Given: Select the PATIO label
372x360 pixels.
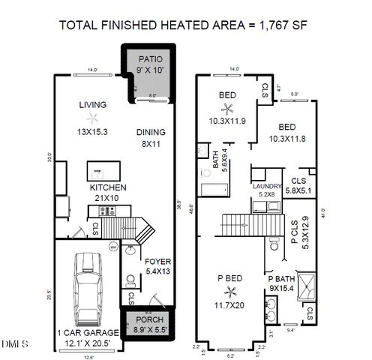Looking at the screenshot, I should (x=150, y=58).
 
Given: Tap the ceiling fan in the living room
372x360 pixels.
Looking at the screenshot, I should (x=92, y=118).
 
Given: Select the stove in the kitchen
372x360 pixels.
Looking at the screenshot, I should (x=111, y=211).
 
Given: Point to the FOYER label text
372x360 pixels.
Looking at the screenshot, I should (x=158, y=262).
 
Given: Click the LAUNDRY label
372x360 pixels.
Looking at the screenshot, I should (x=266, y=186).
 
